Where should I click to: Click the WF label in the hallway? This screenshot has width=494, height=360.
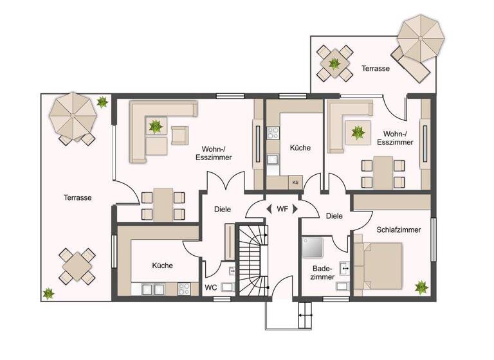(x=282, y=209)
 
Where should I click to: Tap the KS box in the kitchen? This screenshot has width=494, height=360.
(x=295, y=182)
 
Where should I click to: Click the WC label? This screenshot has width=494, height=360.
(x=210, y=287)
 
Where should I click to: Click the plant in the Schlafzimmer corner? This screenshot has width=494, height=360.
(x=421, y=287)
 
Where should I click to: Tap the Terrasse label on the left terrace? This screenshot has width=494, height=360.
(x=77, y=198)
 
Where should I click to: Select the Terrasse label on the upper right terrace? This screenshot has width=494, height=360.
(x=375, y=68)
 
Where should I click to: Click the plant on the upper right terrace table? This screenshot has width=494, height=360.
(x=334, y=63)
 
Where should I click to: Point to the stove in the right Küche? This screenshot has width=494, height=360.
(x=273, y=134)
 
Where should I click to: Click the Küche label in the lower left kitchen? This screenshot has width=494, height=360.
(x=162, y=265)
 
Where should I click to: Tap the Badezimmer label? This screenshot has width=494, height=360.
(x=323, y=273)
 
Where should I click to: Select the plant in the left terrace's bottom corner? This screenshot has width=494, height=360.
(x=48, y=293)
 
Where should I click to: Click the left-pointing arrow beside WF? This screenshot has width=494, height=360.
(x=268, y=209)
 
